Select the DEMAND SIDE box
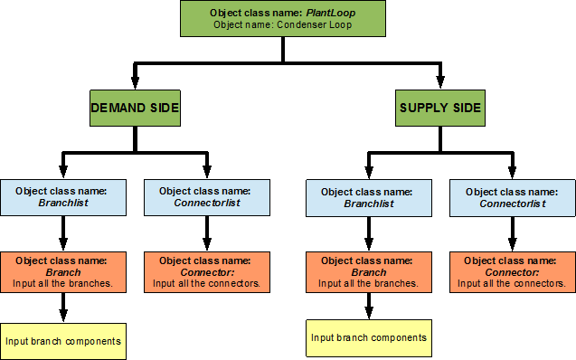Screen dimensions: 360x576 (135, 109)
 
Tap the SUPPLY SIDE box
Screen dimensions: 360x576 (440, 109)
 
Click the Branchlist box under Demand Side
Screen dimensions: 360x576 (61, 198)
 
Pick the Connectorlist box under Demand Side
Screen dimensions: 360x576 (206, 198)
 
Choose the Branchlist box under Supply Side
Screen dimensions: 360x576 (368, 198)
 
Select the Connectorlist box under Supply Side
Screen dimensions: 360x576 (512, 198)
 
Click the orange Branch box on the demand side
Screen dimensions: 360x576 (61, 271)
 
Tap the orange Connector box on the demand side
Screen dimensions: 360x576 (206, 271)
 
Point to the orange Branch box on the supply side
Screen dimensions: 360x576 (368, 271)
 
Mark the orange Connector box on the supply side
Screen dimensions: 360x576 (512, 271)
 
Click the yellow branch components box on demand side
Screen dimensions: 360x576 (61, 341)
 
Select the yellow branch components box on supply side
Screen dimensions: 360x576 (368, 338)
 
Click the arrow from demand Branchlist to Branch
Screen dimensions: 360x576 (61, 235)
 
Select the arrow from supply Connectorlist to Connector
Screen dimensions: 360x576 (512, 235)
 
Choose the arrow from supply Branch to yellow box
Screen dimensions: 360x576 (368, 306)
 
